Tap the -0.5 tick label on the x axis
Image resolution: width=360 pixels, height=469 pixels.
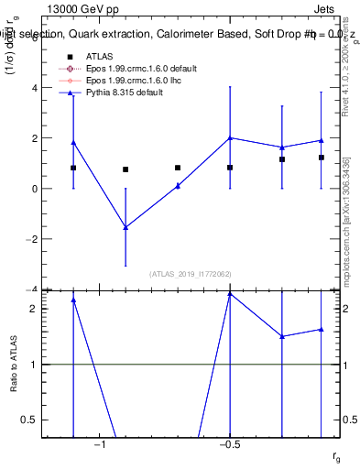click(x=229, y=443)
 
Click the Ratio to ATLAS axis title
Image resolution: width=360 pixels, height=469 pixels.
click(x=15, y=364)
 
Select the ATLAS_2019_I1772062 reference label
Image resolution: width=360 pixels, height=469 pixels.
click(x=190, y=274)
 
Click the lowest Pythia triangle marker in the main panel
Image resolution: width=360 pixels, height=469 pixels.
click(x=125, y=227)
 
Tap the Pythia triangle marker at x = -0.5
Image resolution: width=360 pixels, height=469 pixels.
click(x=230, y=138)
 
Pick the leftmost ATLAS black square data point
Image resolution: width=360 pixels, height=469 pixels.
click(x=73, y=168)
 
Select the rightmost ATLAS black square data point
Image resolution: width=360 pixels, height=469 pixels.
click(x=322, y=158)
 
